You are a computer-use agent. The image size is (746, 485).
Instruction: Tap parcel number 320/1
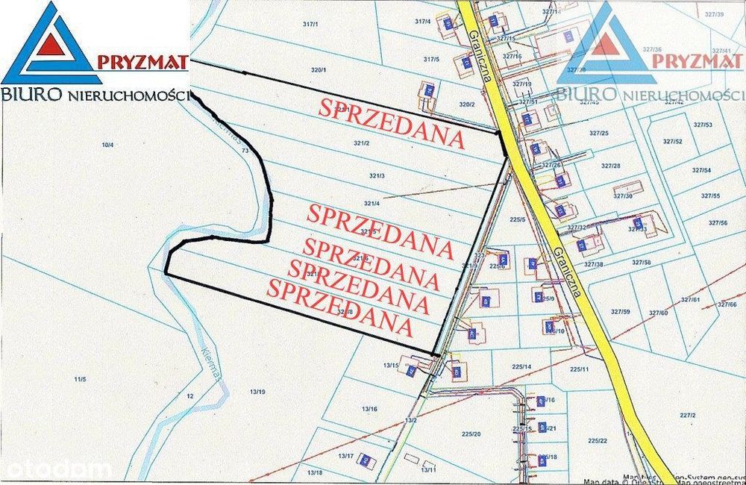tap(319, 69)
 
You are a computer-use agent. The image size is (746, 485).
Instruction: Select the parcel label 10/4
tap(107, 144)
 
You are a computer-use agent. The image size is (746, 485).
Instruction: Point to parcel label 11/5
tap(80, 380)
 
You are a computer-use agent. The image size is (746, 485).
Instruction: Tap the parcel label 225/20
tap(471, 434)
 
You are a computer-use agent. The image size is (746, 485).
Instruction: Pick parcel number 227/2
tap(687, 415)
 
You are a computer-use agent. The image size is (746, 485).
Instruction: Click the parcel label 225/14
tap(521, 366)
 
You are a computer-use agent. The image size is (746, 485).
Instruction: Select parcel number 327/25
tap(599, 133)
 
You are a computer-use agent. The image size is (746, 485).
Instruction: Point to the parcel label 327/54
tap(701, 171)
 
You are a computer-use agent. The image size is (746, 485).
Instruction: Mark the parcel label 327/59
tap(621, 311)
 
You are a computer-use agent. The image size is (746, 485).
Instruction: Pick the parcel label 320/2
tap(467, 104)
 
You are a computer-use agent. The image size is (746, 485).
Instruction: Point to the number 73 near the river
tap(245, 151)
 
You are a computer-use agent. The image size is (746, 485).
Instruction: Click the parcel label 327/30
tap(622, 196)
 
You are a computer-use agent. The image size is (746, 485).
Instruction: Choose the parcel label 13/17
tap(345, 455)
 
